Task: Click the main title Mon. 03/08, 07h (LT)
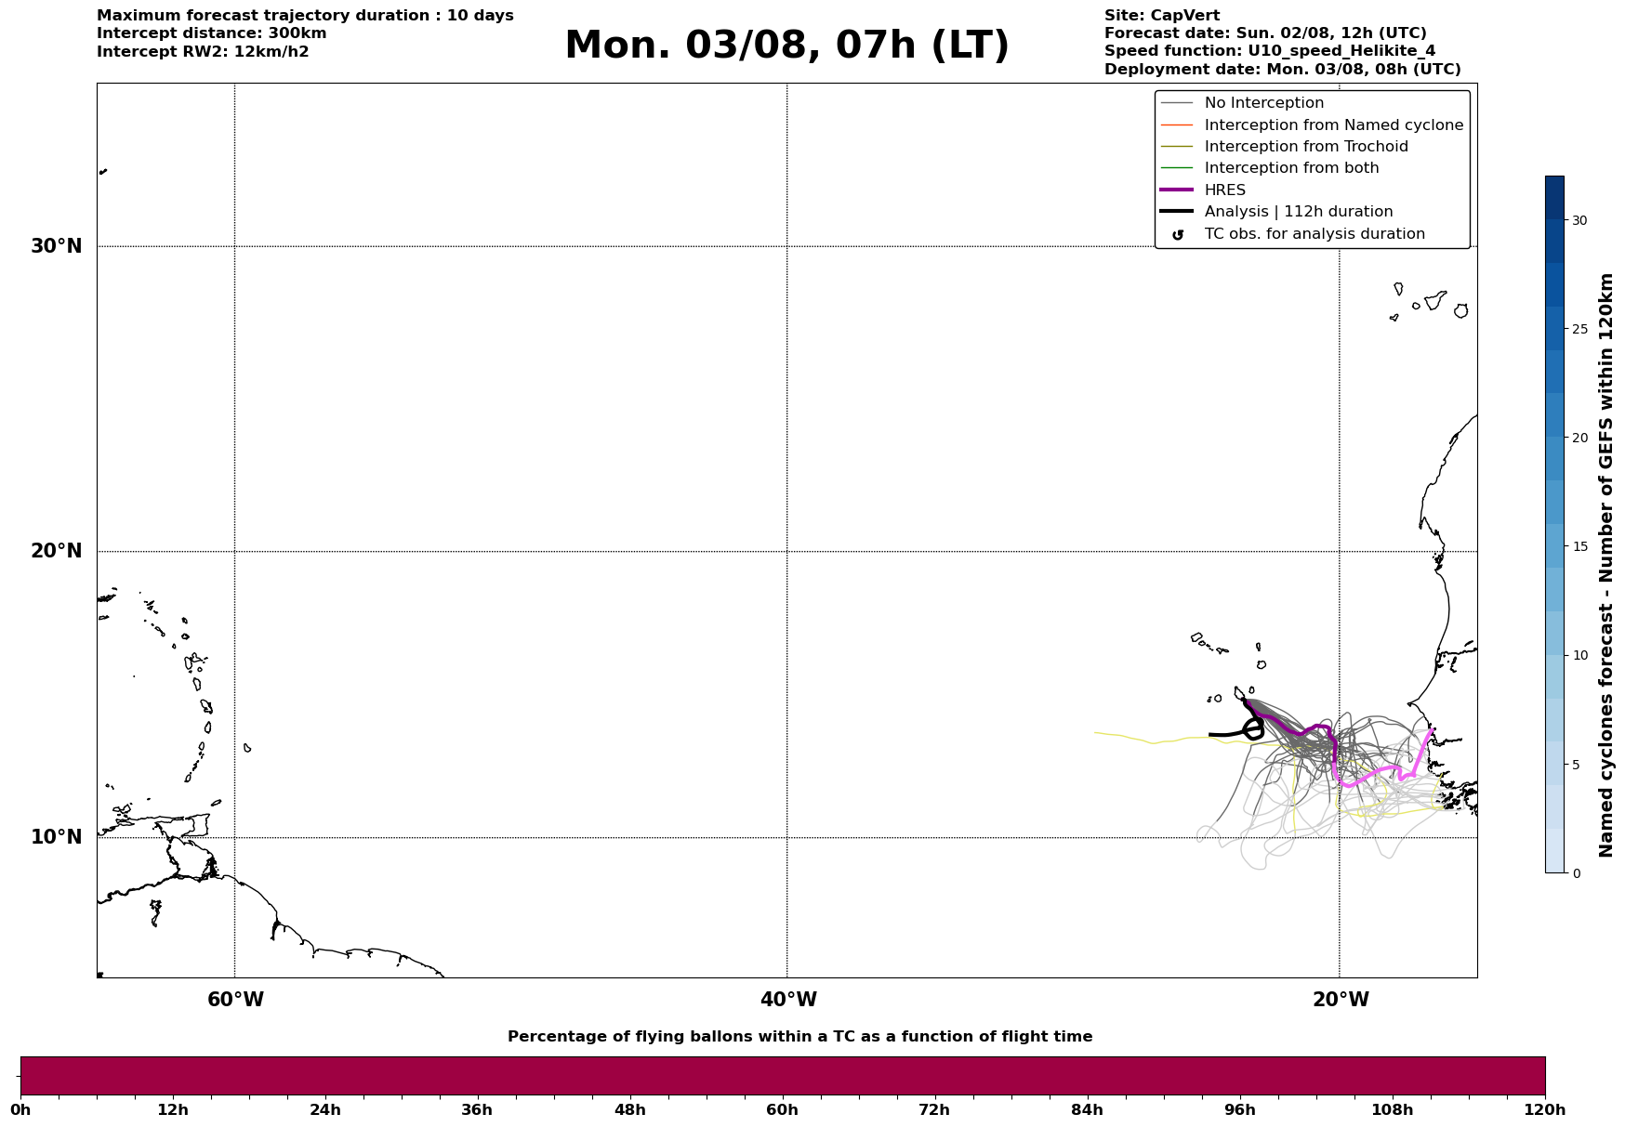point(786,46)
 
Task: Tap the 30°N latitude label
point(57,246)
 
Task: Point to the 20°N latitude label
point(57,551)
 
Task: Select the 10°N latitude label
point(57,837)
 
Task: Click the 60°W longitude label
point(235,1000)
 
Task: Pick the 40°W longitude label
point(788,1000)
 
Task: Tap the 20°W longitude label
point(1341,1000)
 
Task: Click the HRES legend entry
point(1225,190)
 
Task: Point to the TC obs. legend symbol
point(1178,235)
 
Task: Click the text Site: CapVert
point(1162,16)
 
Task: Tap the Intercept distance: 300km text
point(212,33)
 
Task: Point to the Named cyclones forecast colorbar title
point(1605,565)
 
